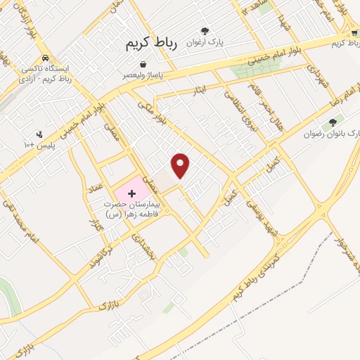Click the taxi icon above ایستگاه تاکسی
pyautogui.click(x=45, y=58)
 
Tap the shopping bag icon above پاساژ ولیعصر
pyautogui.click(x=143, y=65)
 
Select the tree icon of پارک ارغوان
pyautogui.click(x=205, y=31)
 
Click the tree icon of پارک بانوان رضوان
pyautogui.click(x=333, y=122)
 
